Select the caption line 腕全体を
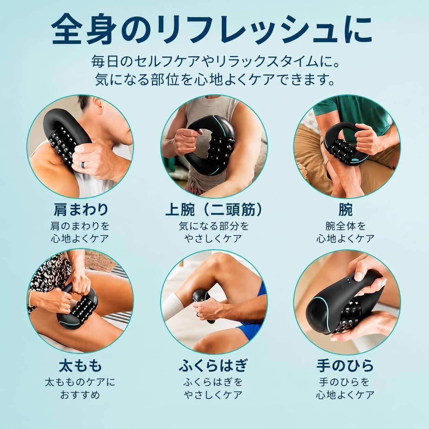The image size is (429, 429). pos(345,226)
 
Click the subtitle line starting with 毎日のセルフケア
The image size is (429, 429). pos(215,62)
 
